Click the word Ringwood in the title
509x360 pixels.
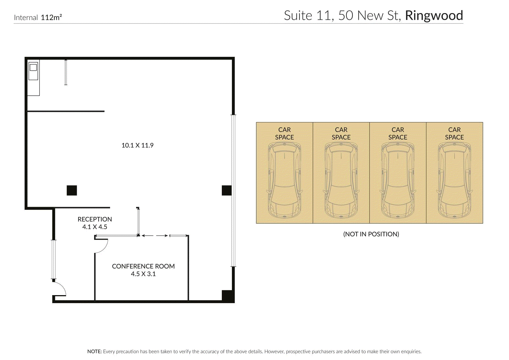click(434, 16)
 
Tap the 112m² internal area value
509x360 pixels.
click(51, 17)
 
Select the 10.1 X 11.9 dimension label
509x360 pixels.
click(137, 145)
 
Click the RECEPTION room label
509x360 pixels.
click(95, 219)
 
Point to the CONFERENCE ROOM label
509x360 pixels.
click(143, 266)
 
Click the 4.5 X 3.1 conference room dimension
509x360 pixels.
click(143, 274)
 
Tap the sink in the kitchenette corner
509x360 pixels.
click(33, 67)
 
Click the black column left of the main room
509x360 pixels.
click(72, 190)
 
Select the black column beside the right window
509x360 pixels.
click(227, 190)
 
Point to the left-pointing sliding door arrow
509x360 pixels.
click(147, 236)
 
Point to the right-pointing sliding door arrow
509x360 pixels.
click(162, 236)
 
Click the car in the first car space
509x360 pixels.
click(284, 180)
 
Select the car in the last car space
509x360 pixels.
click(454, 180)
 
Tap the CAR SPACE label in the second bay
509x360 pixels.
click(341, 134)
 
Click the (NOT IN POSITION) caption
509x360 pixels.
click(371, 234)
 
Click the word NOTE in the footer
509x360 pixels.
click(94, 351)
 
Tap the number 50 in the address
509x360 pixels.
click(345, 16)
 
